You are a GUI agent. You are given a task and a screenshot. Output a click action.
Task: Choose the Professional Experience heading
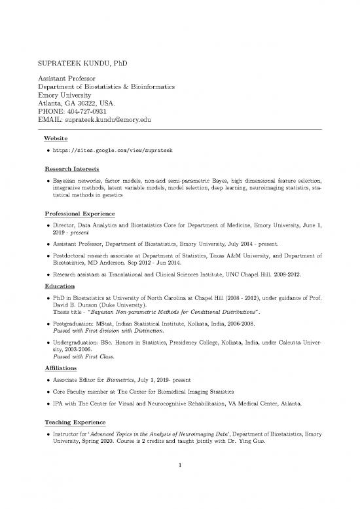[79, 214]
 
